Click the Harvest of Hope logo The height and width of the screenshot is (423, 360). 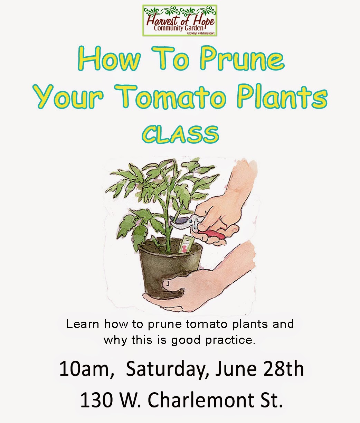pyautogui.click(x=180, y=20)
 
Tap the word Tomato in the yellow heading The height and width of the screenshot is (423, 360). pyautogui.click(x=181, y=97)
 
